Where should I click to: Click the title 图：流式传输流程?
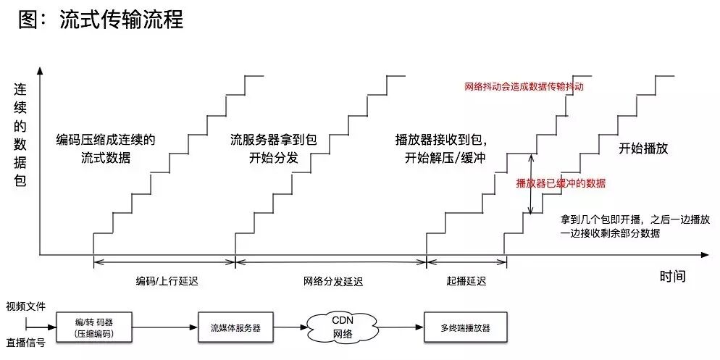tap(101, 20)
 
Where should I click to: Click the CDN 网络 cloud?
tap(342, 327)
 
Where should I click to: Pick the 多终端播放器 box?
tap(466, 327)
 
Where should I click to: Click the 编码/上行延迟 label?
tap(166, 281)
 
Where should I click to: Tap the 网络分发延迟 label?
tap(332, 281)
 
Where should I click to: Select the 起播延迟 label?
tap(467, 281)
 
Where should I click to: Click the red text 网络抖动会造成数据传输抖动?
tap(524, 86)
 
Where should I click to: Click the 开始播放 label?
tap(642, 148)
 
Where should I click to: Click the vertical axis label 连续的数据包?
tap(20, 135)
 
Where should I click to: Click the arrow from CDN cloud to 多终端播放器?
tap(398, 328)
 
